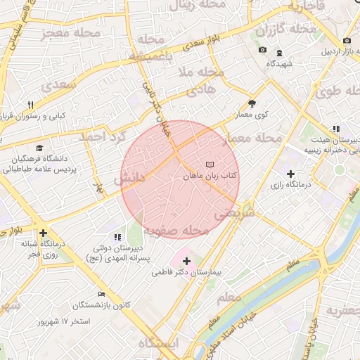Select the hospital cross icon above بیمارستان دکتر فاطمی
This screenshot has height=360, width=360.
pos(186,261)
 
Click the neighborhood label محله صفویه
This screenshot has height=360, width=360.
pos(176,230)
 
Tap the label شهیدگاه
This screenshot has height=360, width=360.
pos(280,63)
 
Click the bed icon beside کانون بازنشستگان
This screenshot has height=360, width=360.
pos(102,295)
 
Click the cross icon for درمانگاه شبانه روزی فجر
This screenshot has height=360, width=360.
pos(44,233)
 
